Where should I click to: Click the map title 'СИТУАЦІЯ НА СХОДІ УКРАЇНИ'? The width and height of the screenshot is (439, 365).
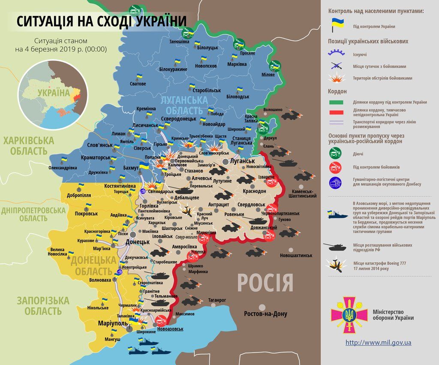[x=102, y=21]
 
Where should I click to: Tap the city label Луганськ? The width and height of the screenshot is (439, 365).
[x=242, y=161]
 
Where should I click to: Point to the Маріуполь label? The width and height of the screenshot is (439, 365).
[x=112, y=323]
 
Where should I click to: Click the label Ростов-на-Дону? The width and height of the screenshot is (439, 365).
[x=265, y=314]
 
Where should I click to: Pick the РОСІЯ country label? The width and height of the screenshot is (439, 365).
[x=265, y=284]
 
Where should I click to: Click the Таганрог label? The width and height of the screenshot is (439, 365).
[x=217, y=300]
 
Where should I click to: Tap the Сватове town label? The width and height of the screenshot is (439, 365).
[x=138, y=84]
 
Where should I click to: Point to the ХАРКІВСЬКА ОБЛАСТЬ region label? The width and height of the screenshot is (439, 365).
[x=29, y=145]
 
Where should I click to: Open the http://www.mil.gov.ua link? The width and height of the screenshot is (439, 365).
[x=378, y=342]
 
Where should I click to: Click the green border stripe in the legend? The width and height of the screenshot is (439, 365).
[x=336, y=102]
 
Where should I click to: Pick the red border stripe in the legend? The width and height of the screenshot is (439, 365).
[x=336, y=112]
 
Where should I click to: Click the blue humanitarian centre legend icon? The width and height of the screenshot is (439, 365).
[x=335, y=183]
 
